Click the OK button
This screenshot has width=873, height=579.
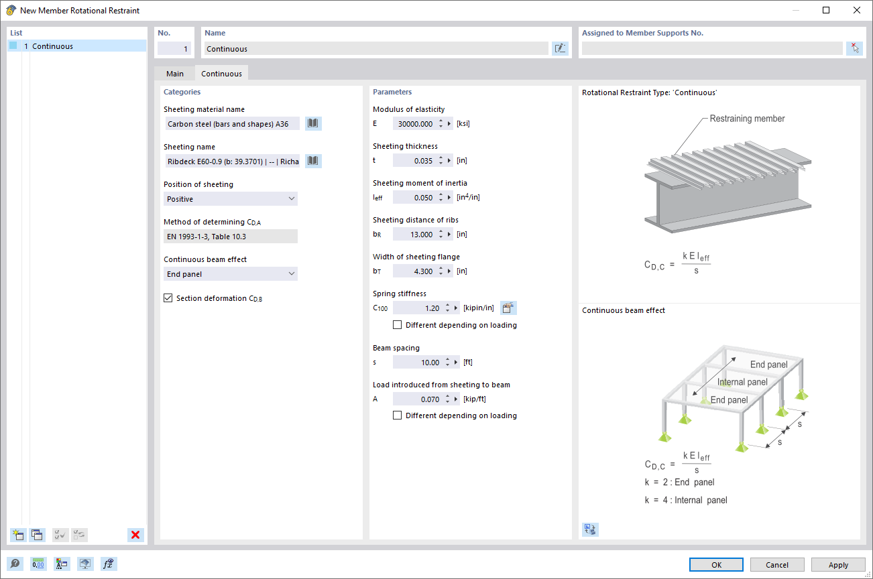coord(716,565)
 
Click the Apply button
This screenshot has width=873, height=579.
coord(838,565)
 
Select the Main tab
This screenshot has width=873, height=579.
coord(175,74)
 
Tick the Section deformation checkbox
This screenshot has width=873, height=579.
coord(168,298)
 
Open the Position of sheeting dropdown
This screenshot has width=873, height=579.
coord(231,199)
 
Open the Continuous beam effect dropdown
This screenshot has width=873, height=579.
coord(231,274)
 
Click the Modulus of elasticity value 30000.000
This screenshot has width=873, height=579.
coord(415,124)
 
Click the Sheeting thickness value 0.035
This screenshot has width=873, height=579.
coord(415,161)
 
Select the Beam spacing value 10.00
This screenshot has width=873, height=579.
coord(417,363)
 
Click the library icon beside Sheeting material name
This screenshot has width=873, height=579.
coord(313,123)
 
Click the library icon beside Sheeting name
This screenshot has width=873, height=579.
coord(313,161)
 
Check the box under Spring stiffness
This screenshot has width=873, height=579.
coord(398,325)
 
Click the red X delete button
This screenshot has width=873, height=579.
coord(135,535)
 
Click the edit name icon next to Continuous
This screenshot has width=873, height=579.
coord(560,48)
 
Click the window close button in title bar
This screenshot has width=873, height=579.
coord(856,10)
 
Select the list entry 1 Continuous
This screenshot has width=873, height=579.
coord(52,46)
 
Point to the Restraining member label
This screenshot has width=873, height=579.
coord(747,119)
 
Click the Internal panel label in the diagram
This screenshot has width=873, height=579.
coord(742,382)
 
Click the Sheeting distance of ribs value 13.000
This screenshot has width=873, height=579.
coord(415,235)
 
